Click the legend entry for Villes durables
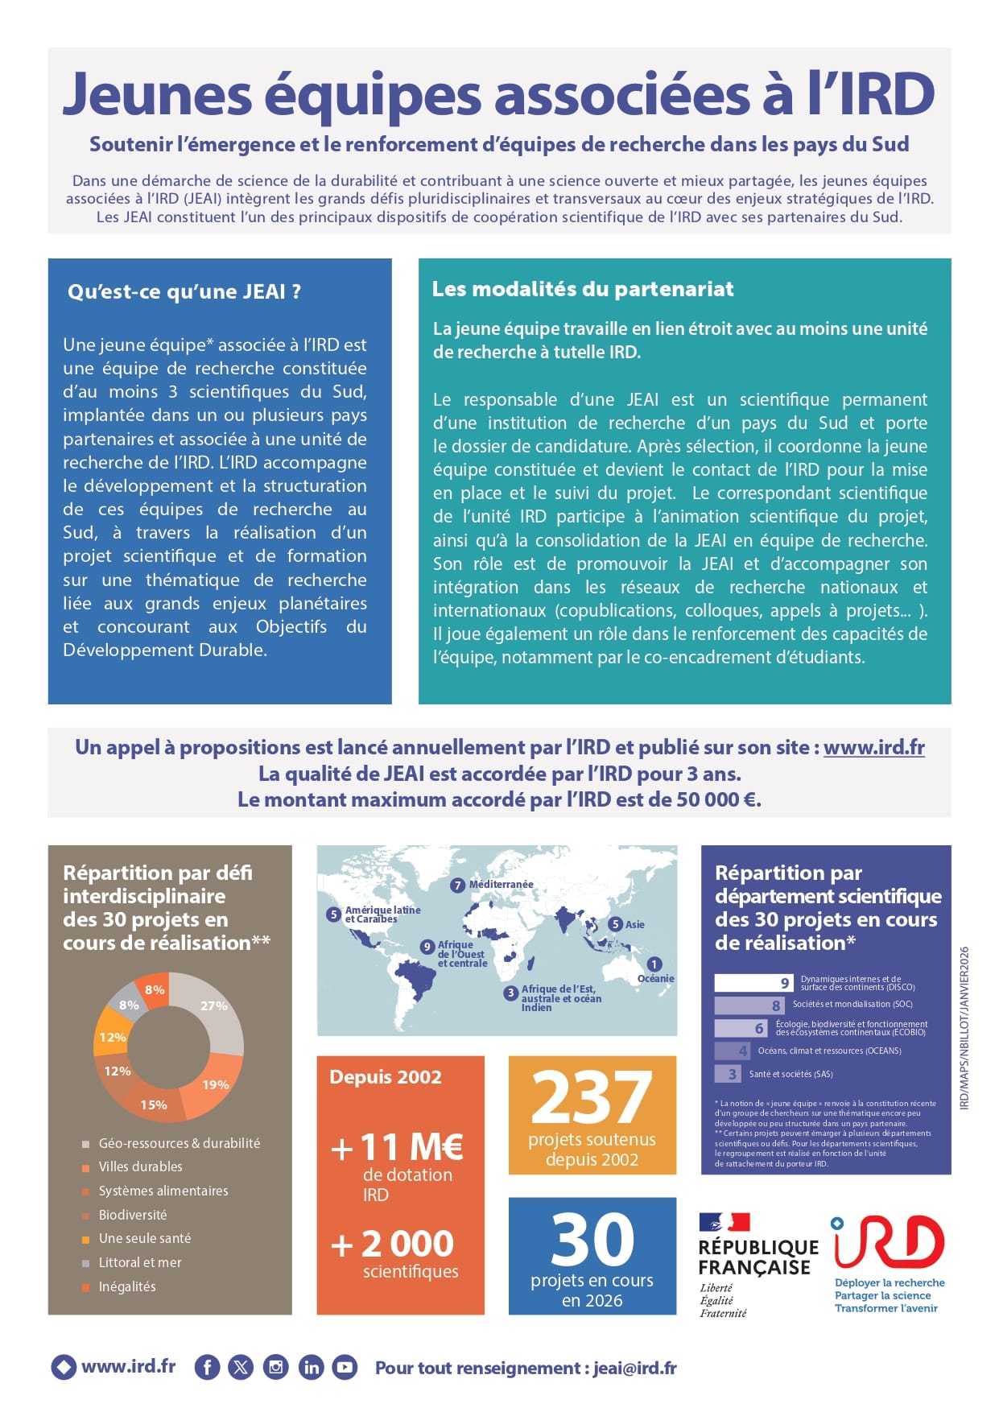tap(140, 1166)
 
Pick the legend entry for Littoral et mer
tap(139, 1262)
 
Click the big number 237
tap(592, 1097)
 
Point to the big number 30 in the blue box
tap(592, 1240)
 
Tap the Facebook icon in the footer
tap(207, 1367)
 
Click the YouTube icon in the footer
tap(345, 1367)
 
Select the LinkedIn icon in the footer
tap(311, 1367)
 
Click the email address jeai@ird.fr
tap(634, 1368)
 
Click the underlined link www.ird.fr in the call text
tap(873, 747)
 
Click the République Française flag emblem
tap(724, 1222)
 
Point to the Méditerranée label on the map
tap(501, 884)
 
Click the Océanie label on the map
tap(655, 979)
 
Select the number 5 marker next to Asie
tap(615, 924)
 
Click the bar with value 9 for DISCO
tap(753, 983)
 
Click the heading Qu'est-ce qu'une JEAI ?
tap(184, 291)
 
